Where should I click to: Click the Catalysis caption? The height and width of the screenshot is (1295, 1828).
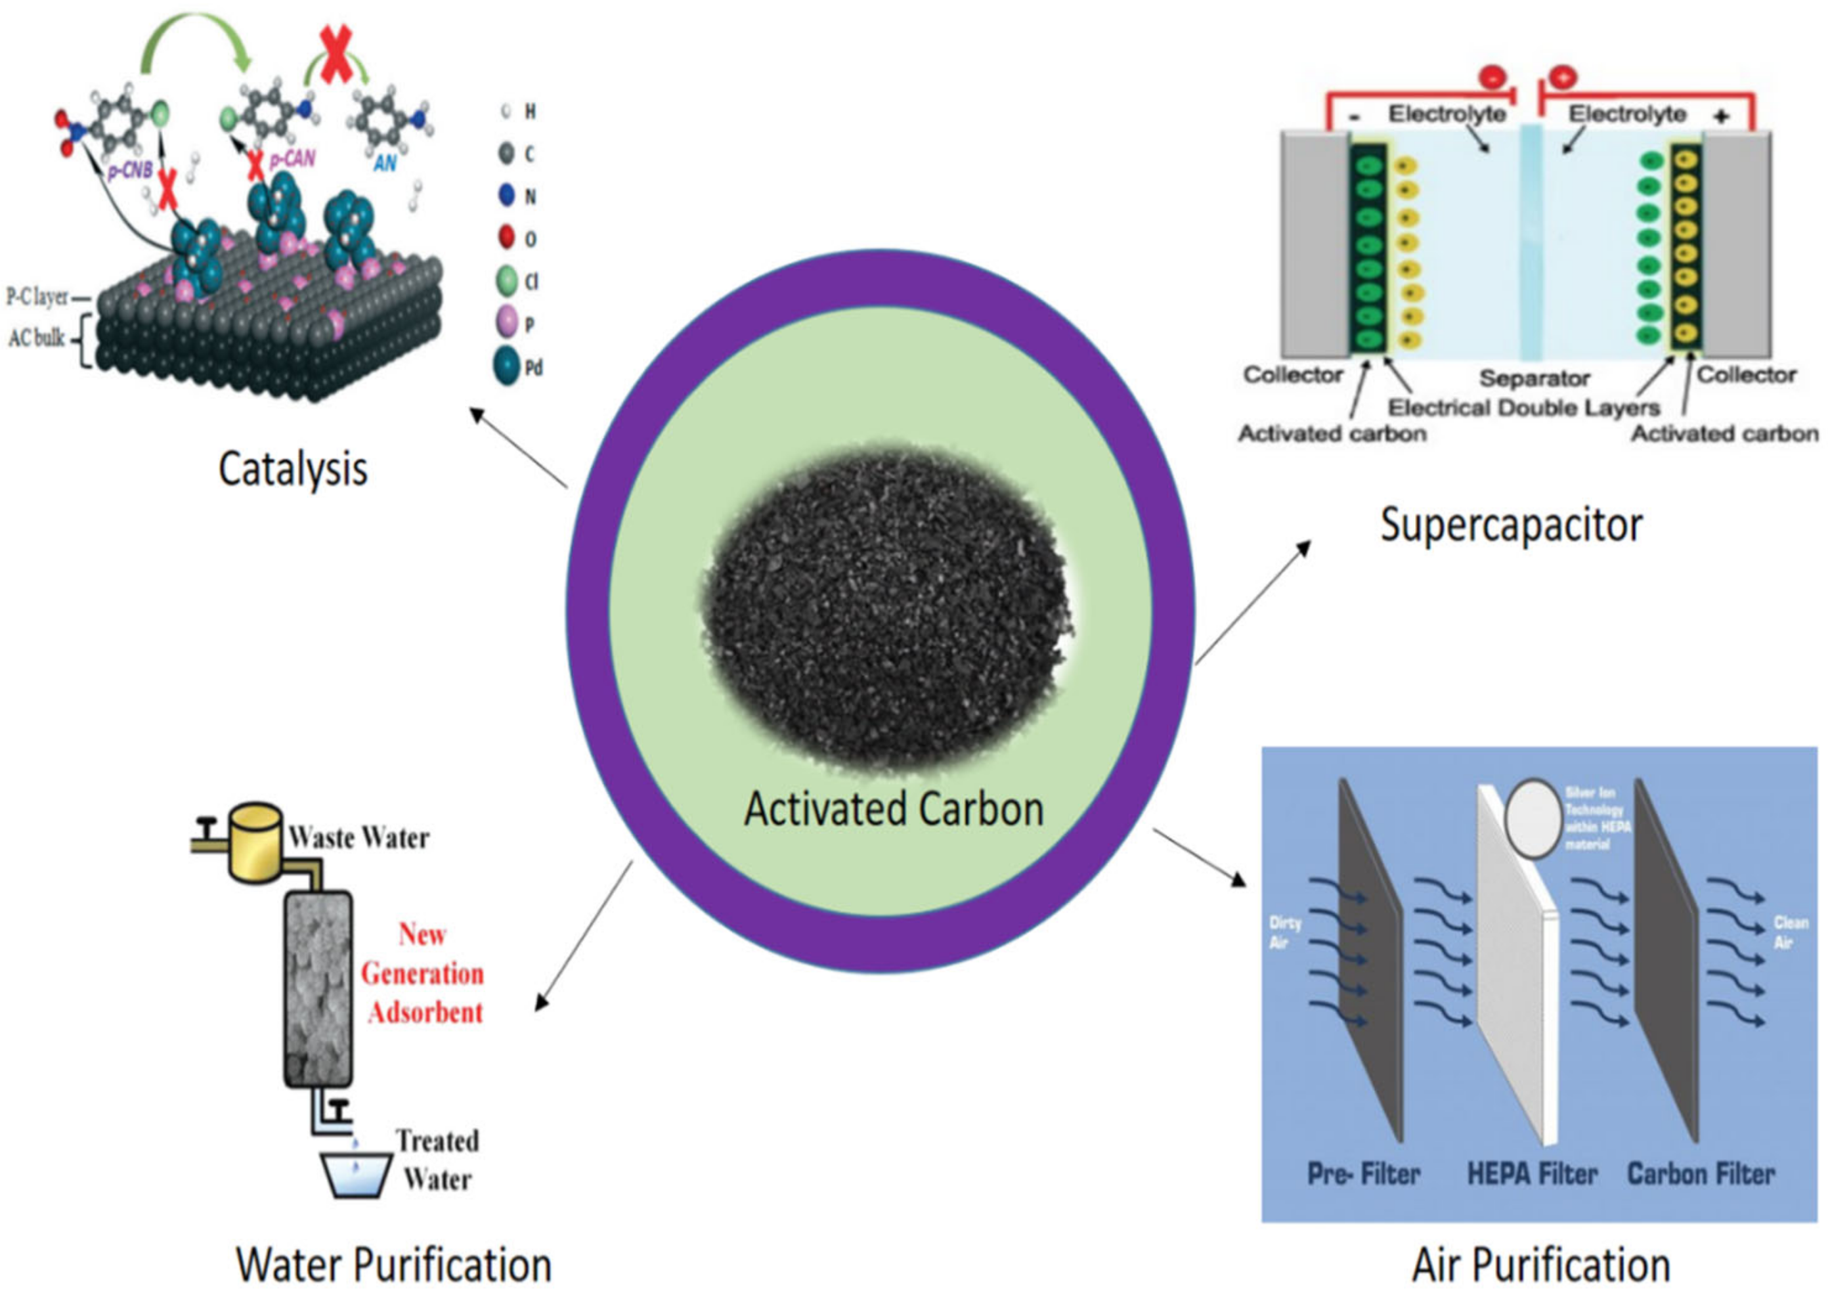[293, 469]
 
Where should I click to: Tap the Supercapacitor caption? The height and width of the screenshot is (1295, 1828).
[1511, 525]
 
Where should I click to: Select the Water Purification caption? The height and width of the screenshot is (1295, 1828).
[393, 1265]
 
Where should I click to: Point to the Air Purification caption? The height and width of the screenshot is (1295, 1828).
[1541, 1265]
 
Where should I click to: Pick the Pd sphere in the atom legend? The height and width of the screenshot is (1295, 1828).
[506, 367]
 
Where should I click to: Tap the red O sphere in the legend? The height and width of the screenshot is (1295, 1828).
[506, 237]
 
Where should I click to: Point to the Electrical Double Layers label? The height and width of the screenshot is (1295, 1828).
[1523, 407]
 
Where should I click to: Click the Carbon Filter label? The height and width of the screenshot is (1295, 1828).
[1701, 1174]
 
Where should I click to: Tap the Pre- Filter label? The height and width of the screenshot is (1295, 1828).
[1363, 1174]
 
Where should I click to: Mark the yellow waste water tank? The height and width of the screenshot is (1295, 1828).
[255, 841]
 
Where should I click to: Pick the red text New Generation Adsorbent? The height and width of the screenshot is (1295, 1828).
[422, 973]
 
